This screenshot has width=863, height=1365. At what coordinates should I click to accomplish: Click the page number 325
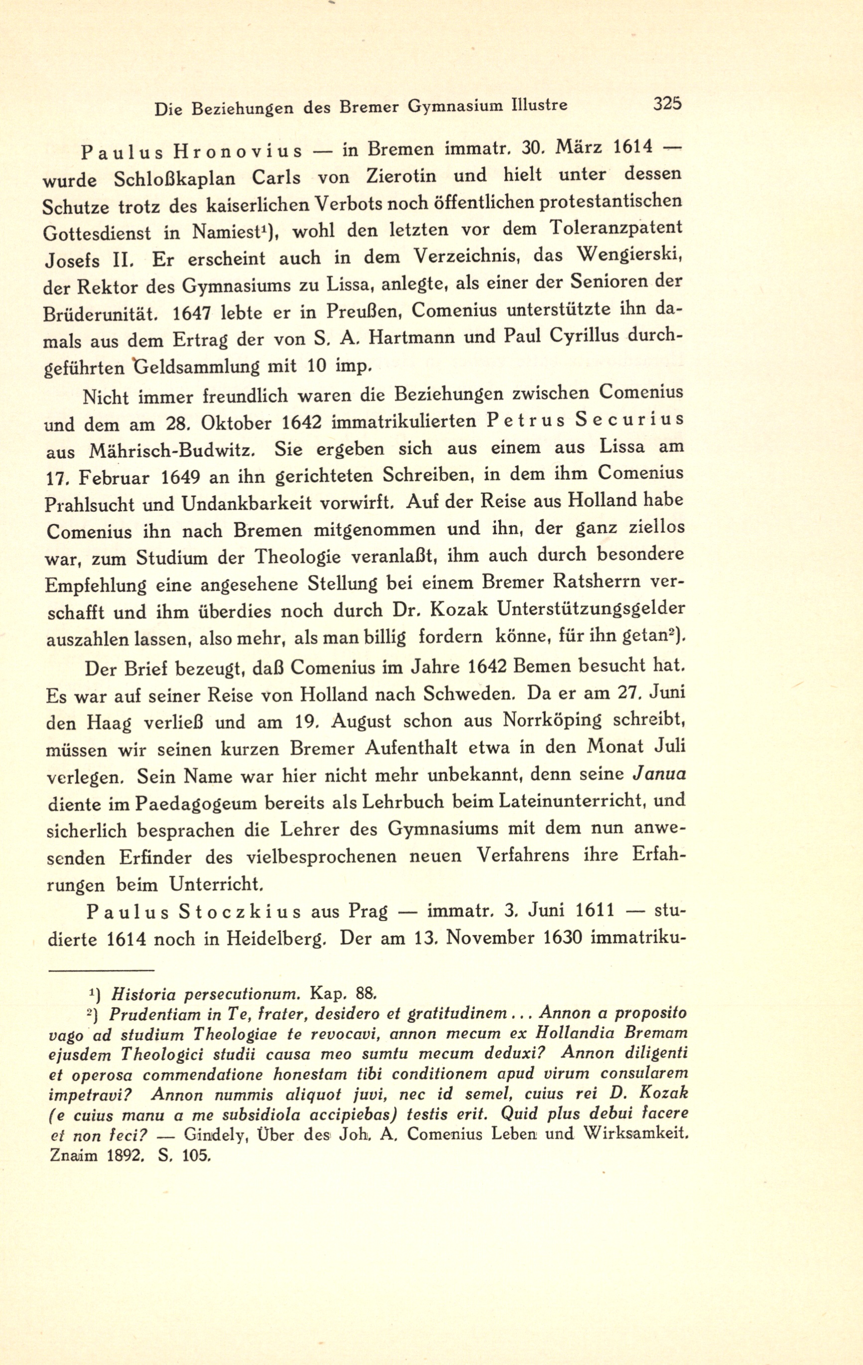point(667,104)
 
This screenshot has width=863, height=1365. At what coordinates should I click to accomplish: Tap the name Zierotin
point(402,176)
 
